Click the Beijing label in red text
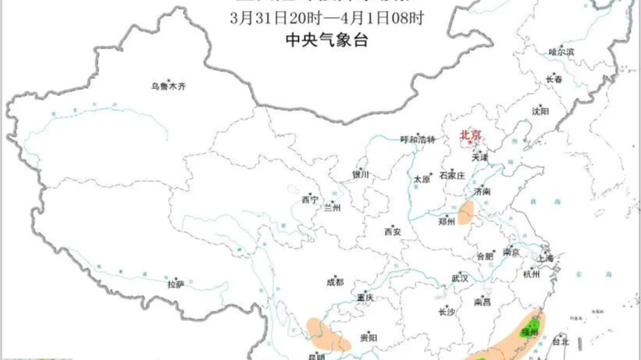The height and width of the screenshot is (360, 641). point(471,134)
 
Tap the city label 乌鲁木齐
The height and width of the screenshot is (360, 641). point(169,87)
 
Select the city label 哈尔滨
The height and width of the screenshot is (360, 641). point(561,52)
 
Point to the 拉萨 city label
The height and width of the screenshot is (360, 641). point(175,285)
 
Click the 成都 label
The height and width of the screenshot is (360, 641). point(335,282)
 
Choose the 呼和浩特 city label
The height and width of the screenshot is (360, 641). point(415,140)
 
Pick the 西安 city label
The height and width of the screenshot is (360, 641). point(392,232)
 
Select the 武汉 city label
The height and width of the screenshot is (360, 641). point(459,278)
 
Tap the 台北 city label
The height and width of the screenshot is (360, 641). point(561,341)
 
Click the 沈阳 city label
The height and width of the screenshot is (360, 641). point(540,111)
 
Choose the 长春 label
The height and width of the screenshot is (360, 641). point(554,79)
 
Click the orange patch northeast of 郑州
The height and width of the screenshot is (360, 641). point(468,212)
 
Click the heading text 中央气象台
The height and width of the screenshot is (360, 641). point(320,40)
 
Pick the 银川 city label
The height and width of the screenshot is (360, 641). point(360,175)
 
